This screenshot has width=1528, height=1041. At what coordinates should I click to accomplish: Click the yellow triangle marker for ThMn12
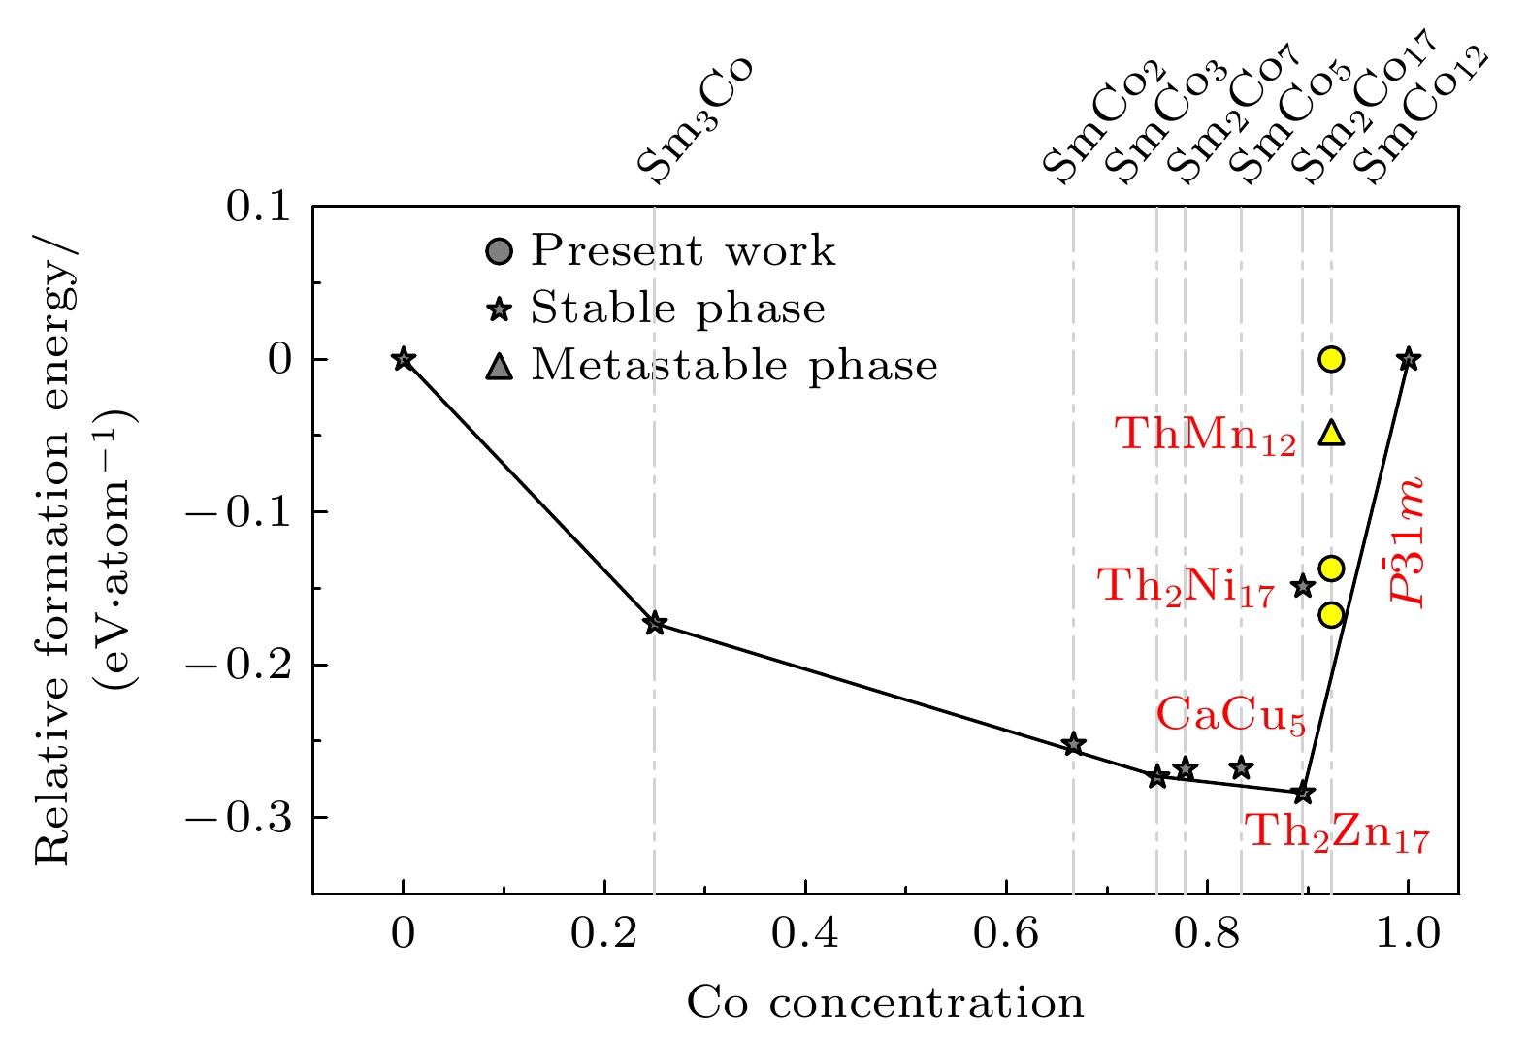coord(1331,433)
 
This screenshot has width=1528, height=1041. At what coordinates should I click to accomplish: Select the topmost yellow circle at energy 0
coord(1331,360)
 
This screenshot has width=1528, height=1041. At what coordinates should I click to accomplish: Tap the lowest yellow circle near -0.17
coord(1331,614)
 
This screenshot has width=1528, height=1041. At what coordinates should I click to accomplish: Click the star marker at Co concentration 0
coord(404,360)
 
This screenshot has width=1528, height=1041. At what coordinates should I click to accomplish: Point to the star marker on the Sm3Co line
coord(655,623)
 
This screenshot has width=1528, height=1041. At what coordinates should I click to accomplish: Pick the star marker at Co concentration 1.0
coord(1409,360)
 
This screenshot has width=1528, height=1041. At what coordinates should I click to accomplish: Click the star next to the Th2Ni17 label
coord(1303,586)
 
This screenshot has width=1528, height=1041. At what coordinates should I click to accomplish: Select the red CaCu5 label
coord(1230,716)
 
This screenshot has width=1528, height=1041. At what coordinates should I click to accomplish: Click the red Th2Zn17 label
coord(1337,832)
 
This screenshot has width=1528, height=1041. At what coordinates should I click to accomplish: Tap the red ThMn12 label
coord(1205,434)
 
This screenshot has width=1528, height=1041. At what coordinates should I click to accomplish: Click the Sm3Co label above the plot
coord(695,120)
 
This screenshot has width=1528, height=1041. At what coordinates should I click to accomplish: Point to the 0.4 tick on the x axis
coord(805,933)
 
